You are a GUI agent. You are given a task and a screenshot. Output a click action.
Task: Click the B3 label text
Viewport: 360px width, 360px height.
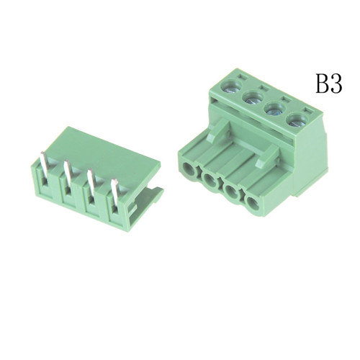(x=328, y=84)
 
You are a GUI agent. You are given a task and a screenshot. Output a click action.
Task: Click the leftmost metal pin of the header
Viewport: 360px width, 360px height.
(x=45, y=167)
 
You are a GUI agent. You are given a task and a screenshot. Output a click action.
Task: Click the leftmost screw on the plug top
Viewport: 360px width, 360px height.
(x=230, y=85)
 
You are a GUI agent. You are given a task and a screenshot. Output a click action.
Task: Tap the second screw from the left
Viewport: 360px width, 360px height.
(x=253, y=96)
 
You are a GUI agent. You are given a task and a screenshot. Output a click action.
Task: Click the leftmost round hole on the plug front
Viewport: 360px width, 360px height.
(x=189, y=168)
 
